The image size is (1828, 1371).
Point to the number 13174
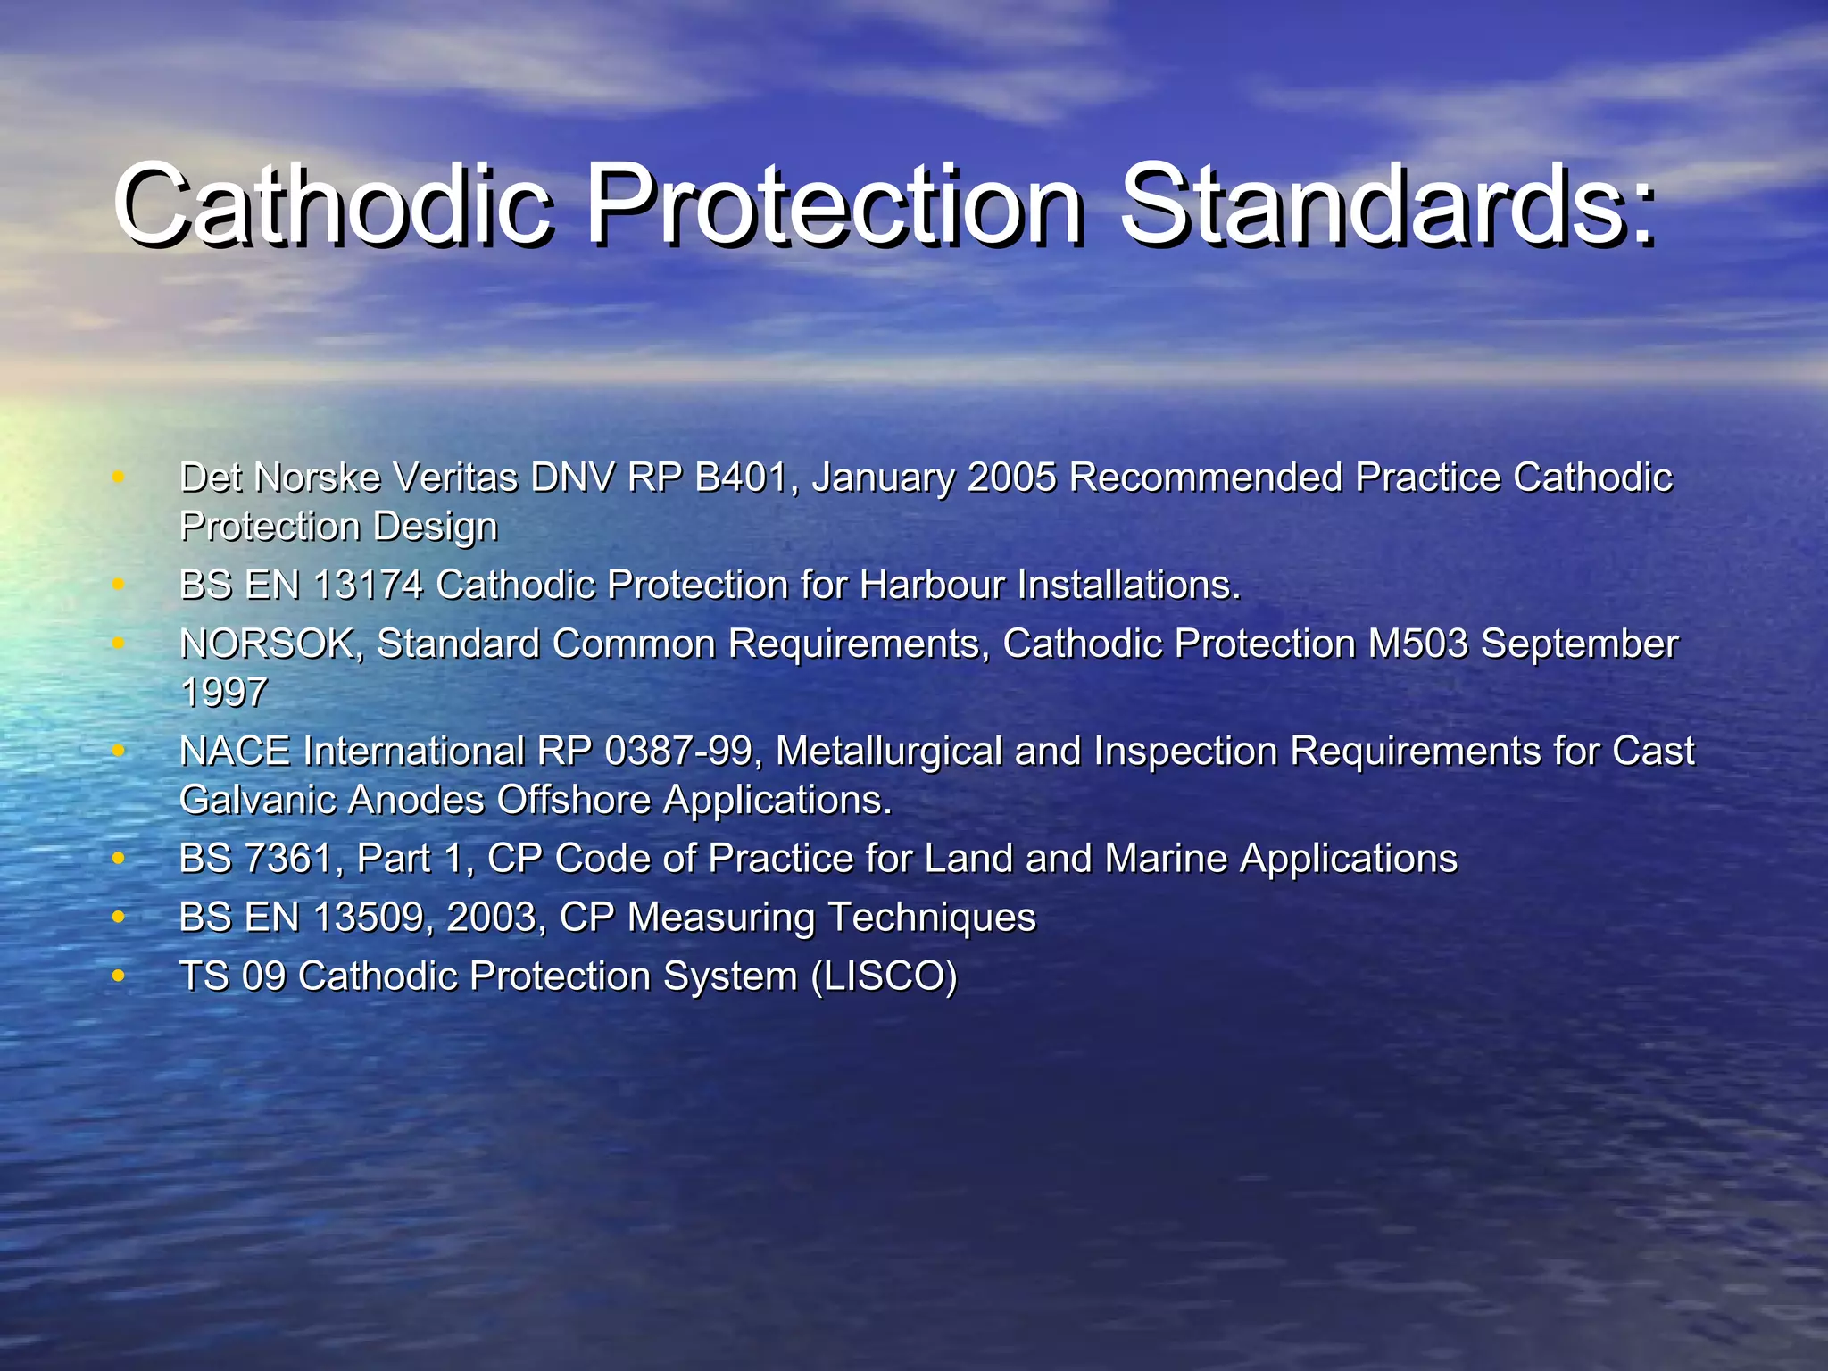click(x=368, y=586)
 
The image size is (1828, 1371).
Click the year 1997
click(x=223, y=693)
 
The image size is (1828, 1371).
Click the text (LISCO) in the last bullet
click(x=884, y=976)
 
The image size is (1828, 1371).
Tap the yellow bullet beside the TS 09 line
click(x=118, y=976)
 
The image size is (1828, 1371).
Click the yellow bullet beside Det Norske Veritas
click(x=118, y=478)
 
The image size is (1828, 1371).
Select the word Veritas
click(x=455, y=478)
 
